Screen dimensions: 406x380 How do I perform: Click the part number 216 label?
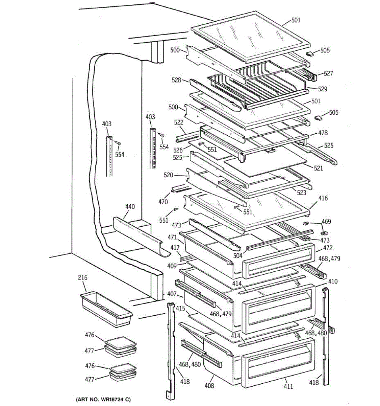(x=82, y=278)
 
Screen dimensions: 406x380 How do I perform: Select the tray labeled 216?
(x=105, y=310)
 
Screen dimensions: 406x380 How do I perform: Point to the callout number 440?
(x=130, y=206)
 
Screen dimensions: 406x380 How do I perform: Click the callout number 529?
(x=322, y=89)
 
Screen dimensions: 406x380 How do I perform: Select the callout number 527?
(x=328, y=73)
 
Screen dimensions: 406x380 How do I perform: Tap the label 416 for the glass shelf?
(x=323, y=198)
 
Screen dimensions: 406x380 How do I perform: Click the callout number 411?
(x=288, y=386)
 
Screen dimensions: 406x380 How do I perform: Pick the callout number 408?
(x=209, y=385)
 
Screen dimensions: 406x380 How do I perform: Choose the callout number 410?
(x=332, y=281)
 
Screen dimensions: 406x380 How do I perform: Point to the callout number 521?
(x=318, y=168)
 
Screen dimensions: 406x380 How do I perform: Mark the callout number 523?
(x=301, y=193)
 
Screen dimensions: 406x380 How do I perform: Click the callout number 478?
(x=323, y=133)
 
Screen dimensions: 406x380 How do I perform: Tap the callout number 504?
(x=238, y=256)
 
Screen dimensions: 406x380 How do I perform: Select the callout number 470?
(x=163, y=202)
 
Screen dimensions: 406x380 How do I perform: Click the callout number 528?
(x=176, y=80)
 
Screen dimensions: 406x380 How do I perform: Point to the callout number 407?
(x=172, y=294)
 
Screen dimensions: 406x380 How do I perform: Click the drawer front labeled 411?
(x=279, y=362)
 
